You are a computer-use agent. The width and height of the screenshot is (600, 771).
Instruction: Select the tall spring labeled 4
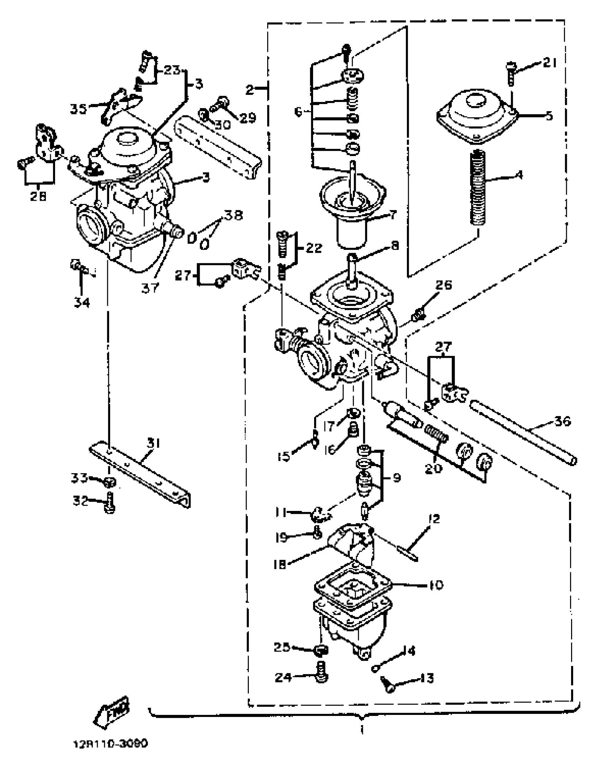click(479, 187)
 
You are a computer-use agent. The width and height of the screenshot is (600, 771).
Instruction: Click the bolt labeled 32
click(110, 504)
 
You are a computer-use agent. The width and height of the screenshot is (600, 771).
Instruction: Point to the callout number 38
click(234, 215)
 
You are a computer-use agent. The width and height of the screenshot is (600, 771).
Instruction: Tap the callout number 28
click(38, 196)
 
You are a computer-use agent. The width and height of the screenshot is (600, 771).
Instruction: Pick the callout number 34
click(82, 302)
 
